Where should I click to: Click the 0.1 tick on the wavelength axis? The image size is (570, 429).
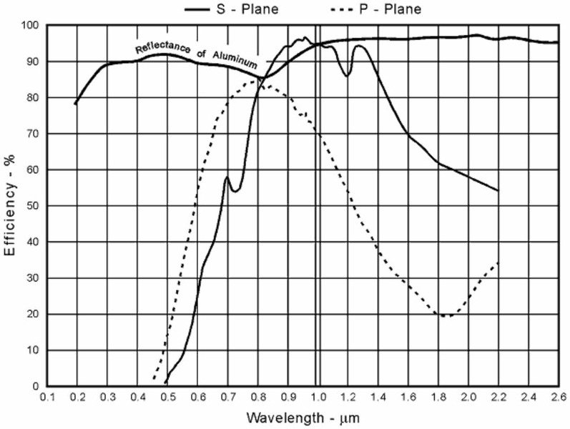tap(47, 395)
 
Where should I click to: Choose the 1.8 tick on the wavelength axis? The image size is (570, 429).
tap(438, 395)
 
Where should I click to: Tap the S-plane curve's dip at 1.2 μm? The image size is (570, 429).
tap(348, 76)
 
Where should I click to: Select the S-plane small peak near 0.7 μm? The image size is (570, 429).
tap(227, 177)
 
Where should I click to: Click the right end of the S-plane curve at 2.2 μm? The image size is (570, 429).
tap(498, 191)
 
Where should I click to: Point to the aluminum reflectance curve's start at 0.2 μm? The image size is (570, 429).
tap(75, 104)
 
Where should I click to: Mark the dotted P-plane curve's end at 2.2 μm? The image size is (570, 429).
tap(498, 263)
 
